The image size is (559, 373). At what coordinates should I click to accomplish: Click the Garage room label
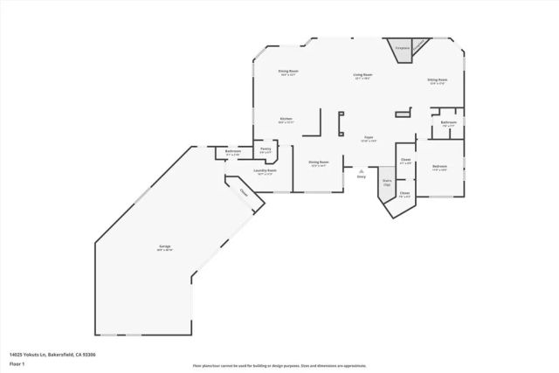165,248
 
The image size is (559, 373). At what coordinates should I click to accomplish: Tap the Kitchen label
286,120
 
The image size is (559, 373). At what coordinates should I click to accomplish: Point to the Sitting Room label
437,79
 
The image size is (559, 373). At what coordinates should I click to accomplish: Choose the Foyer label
369,139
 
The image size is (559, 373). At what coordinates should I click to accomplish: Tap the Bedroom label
439,166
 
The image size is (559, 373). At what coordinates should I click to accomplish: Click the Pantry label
266,149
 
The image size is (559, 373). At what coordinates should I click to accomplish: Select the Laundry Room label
265,171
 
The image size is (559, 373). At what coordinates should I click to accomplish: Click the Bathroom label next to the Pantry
233,152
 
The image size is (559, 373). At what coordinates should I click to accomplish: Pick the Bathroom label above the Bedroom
448,122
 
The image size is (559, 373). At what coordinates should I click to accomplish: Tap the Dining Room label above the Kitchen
289,72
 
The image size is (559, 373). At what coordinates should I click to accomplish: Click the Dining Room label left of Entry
318,162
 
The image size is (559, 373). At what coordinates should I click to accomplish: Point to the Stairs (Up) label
387,183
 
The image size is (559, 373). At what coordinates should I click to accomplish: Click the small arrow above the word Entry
361,170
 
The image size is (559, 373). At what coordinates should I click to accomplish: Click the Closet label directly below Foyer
405,161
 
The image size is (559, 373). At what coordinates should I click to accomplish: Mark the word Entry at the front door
361,176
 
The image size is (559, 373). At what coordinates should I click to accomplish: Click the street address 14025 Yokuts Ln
52,355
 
